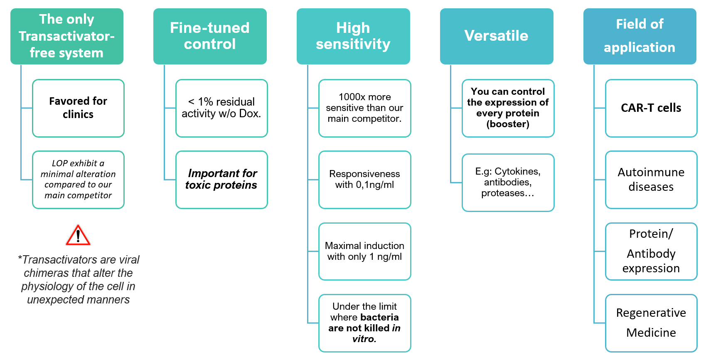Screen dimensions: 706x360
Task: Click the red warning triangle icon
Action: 78,235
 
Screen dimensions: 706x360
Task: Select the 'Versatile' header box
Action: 497,36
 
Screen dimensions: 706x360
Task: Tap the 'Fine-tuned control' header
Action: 210,36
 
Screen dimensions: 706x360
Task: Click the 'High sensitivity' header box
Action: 353,36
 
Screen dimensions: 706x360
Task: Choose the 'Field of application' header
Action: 640,36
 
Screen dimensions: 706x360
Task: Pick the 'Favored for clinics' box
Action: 78,108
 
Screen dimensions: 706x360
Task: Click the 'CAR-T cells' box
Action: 651,108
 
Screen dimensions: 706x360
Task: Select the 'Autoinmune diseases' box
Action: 651,180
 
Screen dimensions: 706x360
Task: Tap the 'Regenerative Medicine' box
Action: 651,323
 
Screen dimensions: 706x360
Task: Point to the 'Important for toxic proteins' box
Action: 221,180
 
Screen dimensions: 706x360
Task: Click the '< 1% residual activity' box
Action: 221,108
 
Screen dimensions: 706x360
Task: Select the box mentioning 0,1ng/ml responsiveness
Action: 365,180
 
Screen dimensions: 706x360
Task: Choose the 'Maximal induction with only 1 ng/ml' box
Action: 365,252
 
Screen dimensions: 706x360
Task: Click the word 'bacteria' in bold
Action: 379,317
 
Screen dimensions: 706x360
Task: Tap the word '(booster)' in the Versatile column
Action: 508,124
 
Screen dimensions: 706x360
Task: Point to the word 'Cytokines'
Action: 517,172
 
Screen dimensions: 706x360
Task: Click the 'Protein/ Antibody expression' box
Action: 651,252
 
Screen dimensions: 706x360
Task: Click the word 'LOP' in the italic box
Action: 59,163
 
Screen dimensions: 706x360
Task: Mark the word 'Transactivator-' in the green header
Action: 66,36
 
